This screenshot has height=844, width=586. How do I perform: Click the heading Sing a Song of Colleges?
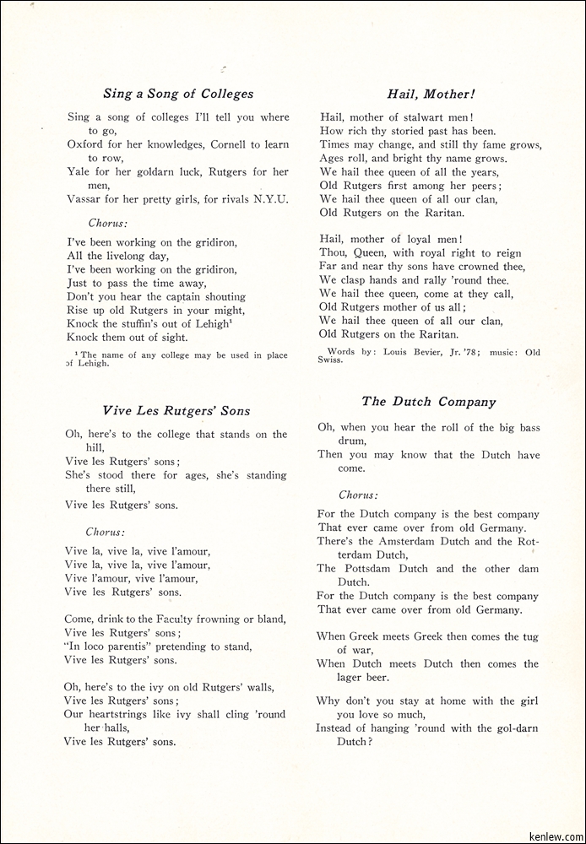178,94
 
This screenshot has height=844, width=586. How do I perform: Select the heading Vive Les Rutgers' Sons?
176,411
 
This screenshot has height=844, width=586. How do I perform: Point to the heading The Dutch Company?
429,402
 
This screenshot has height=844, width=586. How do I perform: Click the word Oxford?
86,144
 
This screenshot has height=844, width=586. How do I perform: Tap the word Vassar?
84,199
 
